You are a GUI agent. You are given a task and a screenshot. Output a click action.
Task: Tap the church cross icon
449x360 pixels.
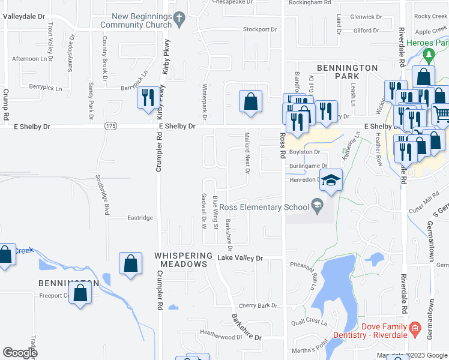pyautogui.click(x=178, y=20)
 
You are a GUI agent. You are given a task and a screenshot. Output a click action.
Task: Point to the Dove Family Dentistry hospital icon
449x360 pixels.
pyautogui.click(x=414, y=328)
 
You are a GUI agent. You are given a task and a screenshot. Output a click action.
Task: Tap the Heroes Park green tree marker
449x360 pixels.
pyautogui.click(x=429, y=56)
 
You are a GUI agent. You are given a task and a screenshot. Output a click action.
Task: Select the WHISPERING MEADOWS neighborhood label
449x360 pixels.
pyautogui.click(x=184, y=256)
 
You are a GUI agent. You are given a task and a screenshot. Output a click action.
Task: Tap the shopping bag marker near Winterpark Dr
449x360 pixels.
pyautogui.click(x=250, y=102)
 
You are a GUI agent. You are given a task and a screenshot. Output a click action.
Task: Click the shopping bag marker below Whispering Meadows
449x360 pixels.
pyautogui.click(x=130, y=265)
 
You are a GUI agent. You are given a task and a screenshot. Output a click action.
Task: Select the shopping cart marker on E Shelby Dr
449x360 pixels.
pyautogui.click(x=441, y=113)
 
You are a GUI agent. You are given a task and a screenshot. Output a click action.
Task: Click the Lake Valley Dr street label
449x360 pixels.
pyautogui.click(x=240, y=258)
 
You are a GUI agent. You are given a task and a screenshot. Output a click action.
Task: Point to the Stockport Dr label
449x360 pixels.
pyautogui.click(x=259, y=29)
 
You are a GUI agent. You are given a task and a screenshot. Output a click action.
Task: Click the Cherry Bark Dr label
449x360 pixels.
pyautogui.click(x=258, y=305)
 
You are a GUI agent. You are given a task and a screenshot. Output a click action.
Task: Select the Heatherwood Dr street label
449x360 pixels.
pyautogui.click(x=220, y=337)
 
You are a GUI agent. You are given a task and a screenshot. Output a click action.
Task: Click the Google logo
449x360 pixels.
pyautogui.click(x=20, y=353)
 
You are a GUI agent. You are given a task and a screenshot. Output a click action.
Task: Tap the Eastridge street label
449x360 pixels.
pyautogui.click(x=140, y=218)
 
